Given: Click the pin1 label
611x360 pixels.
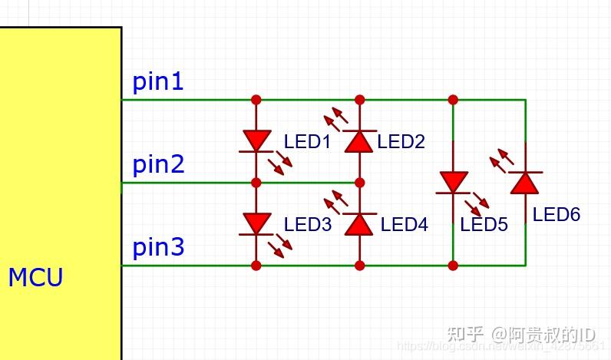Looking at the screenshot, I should pos(158,81).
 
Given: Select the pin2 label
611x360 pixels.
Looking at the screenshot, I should pos(158,164).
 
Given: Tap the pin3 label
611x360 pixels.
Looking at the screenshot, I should pos(158,248).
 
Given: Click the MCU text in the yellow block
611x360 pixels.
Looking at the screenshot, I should pos(35,277).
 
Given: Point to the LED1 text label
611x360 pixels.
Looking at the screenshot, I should pos(307,142).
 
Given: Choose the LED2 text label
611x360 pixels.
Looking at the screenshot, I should pos(401,142).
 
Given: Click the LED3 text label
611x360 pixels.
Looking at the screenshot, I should pos(307,225).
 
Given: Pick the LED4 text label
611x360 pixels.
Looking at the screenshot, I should pos(404,225).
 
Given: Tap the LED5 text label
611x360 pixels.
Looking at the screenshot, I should pos(484,225).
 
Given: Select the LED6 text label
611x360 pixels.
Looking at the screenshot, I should pos(557,214).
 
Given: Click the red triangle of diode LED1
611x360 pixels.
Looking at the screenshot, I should pos(256,140).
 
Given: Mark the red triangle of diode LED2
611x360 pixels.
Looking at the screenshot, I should pos(359,140).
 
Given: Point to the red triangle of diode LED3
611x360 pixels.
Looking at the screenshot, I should pos(256,223).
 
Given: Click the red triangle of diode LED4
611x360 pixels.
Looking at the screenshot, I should pos(359,223).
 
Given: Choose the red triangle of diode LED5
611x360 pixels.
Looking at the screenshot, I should pos(453,182).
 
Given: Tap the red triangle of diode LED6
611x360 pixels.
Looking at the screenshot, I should pos(525,182).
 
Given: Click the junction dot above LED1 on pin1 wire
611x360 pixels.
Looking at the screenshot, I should pos(256,100).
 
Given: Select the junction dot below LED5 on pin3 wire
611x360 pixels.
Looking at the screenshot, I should pos(453,266).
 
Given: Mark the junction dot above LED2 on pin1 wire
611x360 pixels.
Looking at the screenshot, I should pos(359,100).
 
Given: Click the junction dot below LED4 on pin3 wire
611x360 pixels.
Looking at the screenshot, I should pos(359,266).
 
